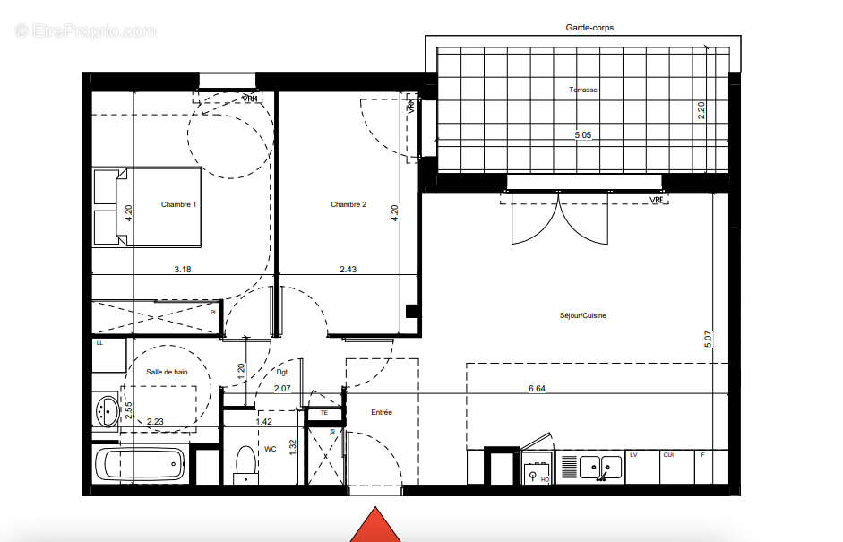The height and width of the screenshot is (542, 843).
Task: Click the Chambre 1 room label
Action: pyautogui.click(x=178, y=204)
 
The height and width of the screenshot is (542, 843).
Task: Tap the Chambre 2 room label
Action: pyautogui.click(x=348, y=204)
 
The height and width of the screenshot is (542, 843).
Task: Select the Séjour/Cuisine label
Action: pyautogui.click(x=582, y=315)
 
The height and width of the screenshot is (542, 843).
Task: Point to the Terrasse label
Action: pyautogui.click(x=582, y=90)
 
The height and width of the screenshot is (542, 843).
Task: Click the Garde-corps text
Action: pyautogui.click(x=589, y=28)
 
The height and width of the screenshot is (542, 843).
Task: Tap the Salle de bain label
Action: pyautogui.click(x=168, y=372)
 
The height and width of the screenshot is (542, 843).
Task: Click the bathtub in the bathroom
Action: pyautogui.click(x=140, y=464)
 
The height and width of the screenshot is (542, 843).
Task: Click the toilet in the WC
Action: pyautogui.click(x=245, y=464)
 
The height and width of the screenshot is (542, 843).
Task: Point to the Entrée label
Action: pyautogui.click(x=383, y=412)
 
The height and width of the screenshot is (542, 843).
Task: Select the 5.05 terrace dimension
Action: pyautogui.click(x=583, y=135)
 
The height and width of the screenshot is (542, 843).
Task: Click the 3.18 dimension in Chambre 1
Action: pyautogui.click(x=182, y=269)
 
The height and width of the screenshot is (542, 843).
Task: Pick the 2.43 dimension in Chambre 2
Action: pyautogui.click(x=349, y=269)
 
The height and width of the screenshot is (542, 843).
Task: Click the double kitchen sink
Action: pyautogui.click(x=600, y=466)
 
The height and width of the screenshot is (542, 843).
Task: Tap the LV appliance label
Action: pyautogui.click(x=633, y=455)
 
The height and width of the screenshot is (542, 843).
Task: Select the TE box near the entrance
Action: pyautogui.click(x=324, y=413)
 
